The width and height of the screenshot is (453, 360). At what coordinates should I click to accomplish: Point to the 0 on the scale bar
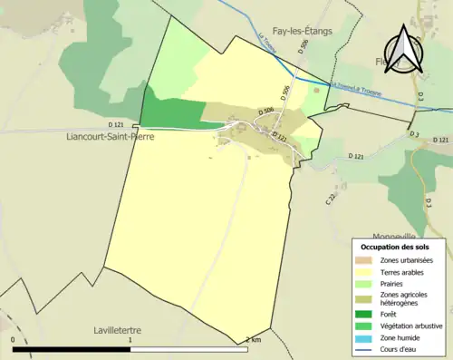click(14, 340)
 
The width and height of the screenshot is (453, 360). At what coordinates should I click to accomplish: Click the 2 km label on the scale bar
click(254, 340)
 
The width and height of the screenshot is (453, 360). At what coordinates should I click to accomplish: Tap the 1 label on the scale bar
click(131, 340)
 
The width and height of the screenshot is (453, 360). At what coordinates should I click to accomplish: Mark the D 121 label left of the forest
click(115, 123)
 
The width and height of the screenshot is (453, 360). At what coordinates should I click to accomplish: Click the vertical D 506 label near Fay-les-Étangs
click(304, 54)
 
